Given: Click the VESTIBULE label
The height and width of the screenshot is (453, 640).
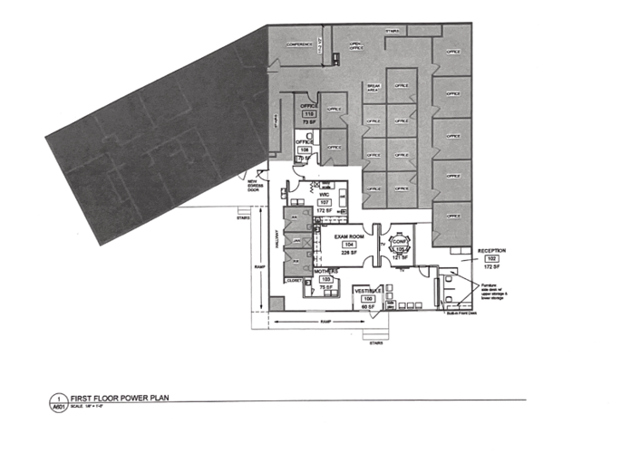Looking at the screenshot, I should coord(367,290).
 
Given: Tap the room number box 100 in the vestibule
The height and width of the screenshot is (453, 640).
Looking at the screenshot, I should coord(367,298).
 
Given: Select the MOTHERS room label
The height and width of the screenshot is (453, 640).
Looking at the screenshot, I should coord(325,271).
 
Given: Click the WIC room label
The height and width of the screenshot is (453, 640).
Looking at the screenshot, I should coord(325,193).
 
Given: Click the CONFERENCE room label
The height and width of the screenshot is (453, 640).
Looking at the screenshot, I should coord(299,44).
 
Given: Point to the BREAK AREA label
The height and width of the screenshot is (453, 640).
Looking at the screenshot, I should coord(372,89).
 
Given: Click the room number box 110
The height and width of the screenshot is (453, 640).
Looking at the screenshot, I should coord(307,113).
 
